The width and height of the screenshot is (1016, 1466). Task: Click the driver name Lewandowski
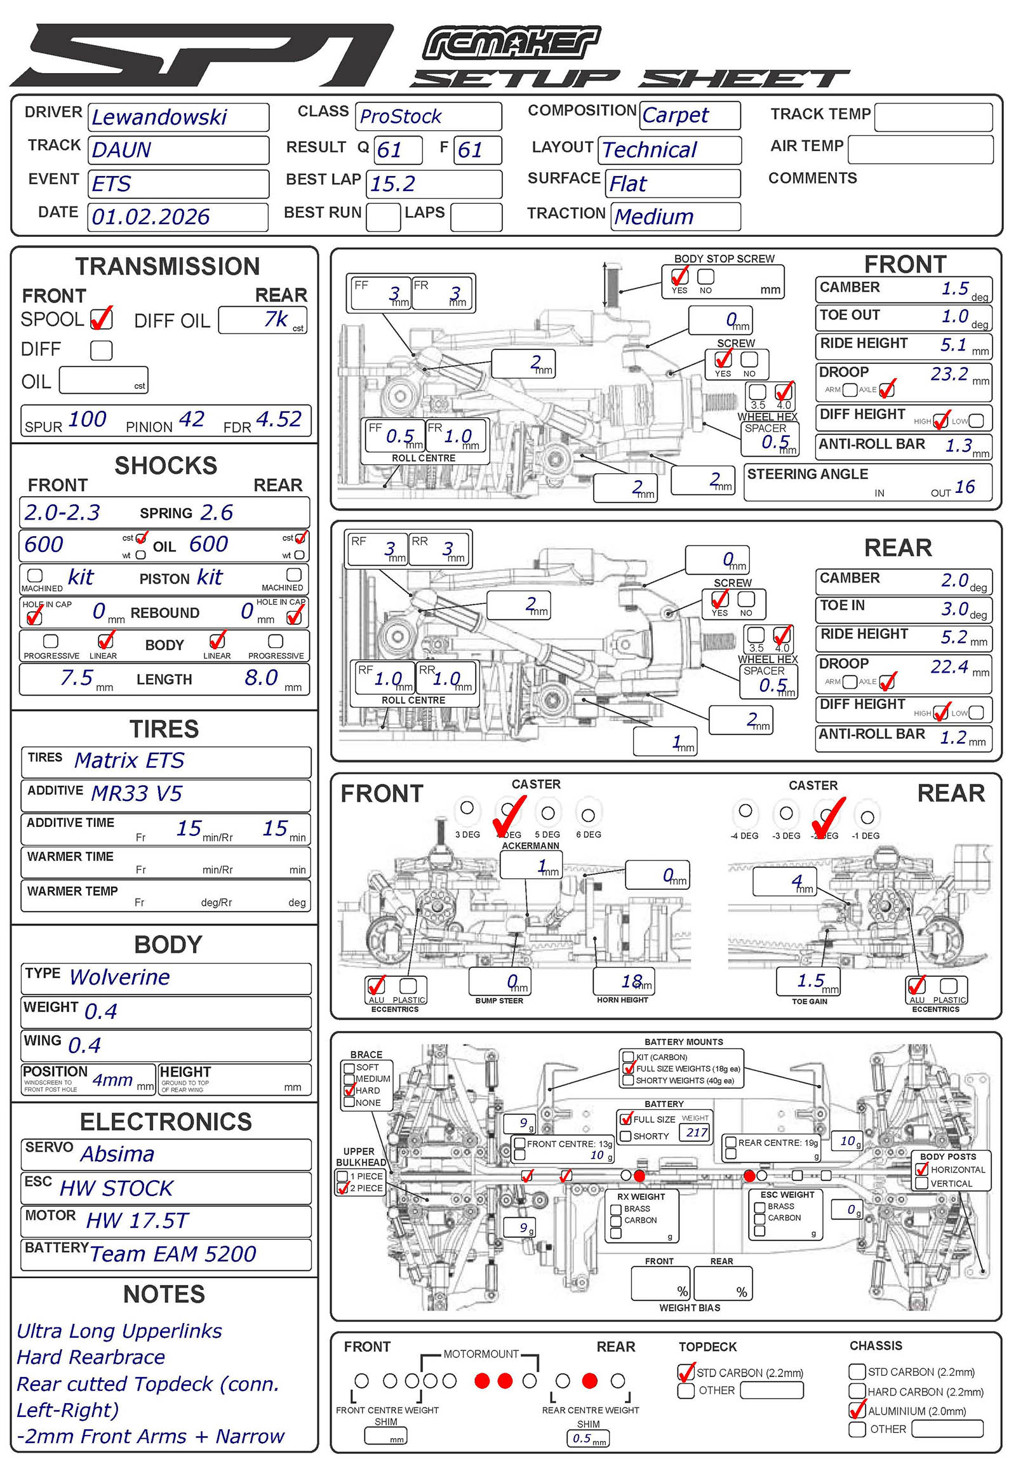[x=159, y=117]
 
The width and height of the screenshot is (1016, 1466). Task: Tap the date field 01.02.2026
[x=151, y=217]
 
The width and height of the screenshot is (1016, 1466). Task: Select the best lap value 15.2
[x=393, y=184]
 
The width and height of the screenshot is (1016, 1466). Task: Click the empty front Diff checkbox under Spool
[x=101, y=349]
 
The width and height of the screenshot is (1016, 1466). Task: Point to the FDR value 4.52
[x=278, y=419]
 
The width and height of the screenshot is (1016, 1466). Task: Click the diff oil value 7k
[x=276, y=318]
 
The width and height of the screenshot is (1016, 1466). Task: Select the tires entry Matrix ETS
[x=130, y=760]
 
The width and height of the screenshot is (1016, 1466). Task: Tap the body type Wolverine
[x=119, y=977]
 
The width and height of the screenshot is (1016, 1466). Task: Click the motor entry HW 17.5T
[x=138, y=1220]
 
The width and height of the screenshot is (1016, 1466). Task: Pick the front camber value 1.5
[x=955, y=288]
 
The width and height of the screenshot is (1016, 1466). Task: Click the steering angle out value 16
[x=965, y=487]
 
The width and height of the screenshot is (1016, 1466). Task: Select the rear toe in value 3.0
[x=955, y=609]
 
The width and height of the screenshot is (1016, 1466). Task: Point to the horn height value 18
[x=632, y=981]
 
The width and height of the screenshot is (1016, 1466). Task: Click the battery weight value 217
[x=697, y=1133]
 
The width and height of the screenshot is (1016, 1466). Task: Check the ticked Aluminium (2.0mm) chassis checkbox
[x=857, y=1410]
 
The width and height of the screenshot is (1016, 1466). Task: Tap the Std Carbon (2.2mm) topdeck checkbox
[x=686, y=1372]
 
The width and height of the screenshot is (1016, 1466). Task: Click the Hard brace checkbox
[x=349, y=1090]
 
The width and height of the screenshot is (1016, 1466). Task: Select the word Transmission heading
[x=168, y=266]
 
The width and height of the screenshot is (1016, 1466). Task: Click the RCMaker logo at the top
[x=511, y=43]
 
